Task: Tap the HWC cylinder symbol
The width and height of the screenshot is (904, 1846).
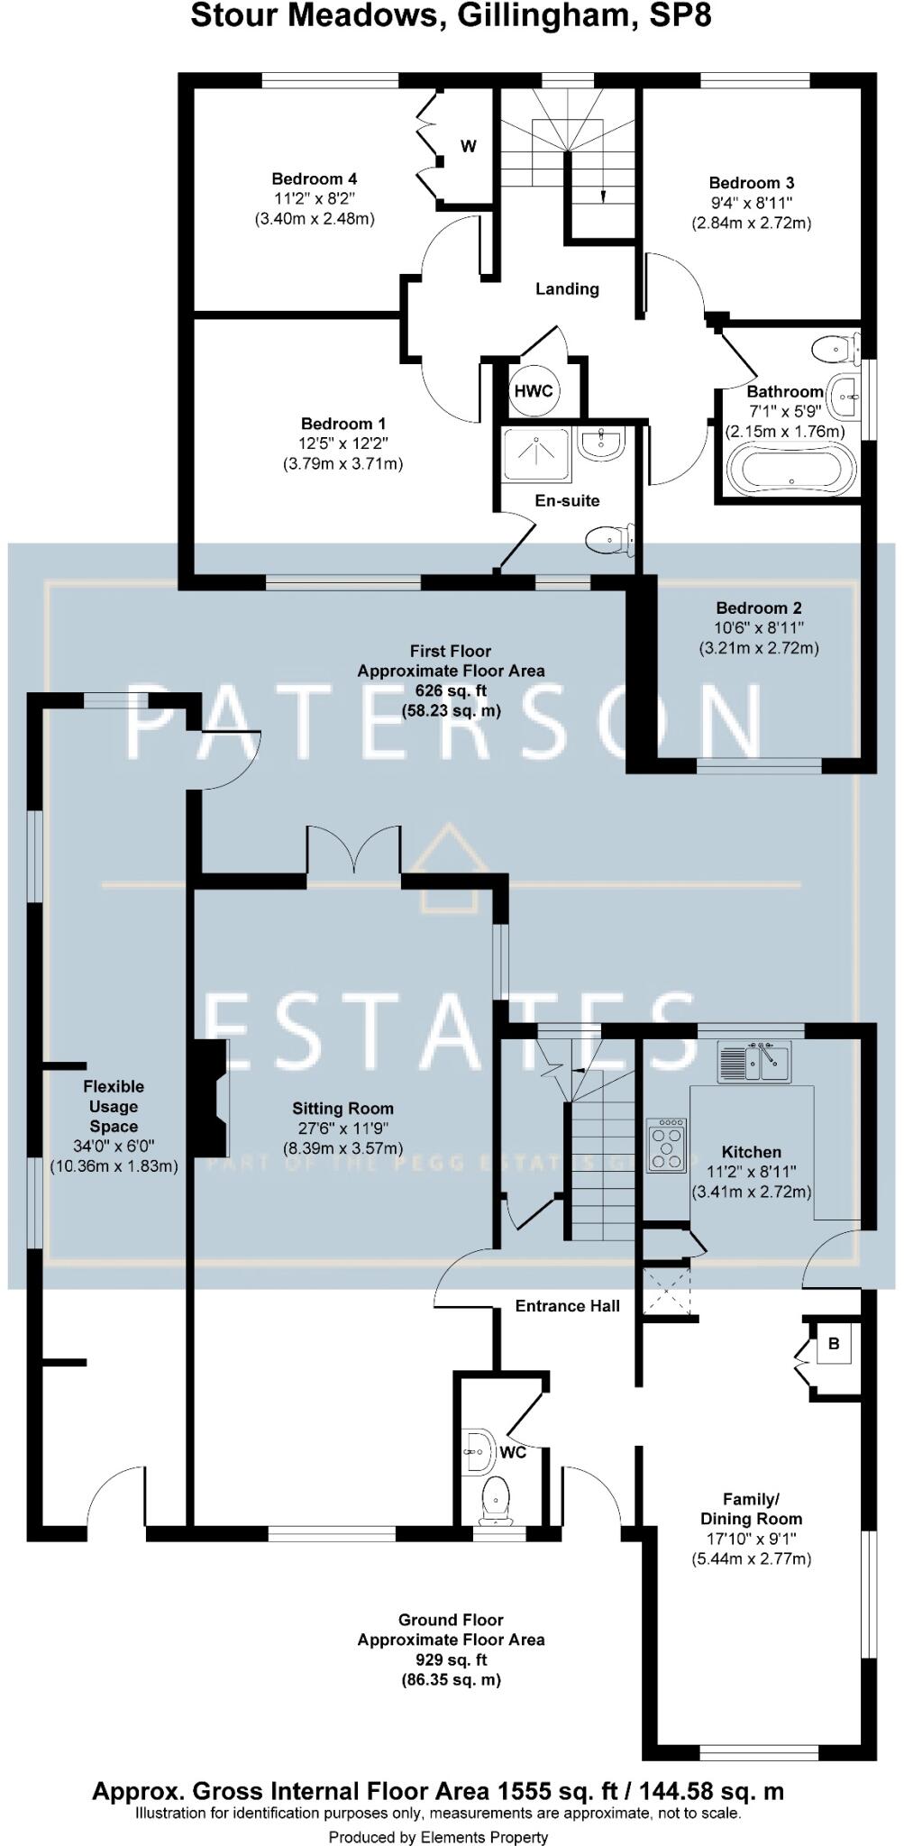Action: [533, 391]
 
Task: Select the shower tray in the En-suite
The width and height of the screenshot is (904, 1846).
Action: [536, 453]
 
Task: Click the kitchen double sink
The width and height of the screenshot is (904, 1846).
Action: [753, 1061]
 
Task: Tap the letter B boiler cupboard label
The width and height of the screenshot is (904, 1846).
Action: [834, 1344]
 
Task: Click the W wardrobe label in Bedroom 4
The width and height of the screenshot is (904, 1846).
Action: [469, 146]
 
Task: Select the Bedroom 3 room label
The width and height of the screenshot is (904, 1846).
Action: [751, 183]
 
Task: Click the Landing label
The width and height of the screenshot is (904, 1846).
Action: [567, 288]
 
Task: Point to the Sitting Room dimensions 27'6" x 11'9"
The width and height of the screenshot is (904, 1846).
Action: [342, 1129]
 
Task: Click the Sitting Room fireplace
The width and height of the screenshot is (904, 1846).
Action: [209, 1096]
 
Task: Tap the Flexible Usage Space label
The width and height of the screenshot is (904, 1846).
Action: [114, 1106]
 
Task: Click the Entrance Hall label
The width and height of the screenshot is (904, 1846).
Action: [567, 1305]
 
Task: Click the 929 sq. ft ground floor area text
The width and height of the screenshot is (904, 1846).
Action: [451, 1659]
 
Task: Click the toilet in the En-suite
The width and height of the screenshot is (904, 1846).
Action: [610, 540]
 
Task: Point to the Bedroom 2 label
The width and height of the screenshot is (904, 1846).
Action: [758, 608]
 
